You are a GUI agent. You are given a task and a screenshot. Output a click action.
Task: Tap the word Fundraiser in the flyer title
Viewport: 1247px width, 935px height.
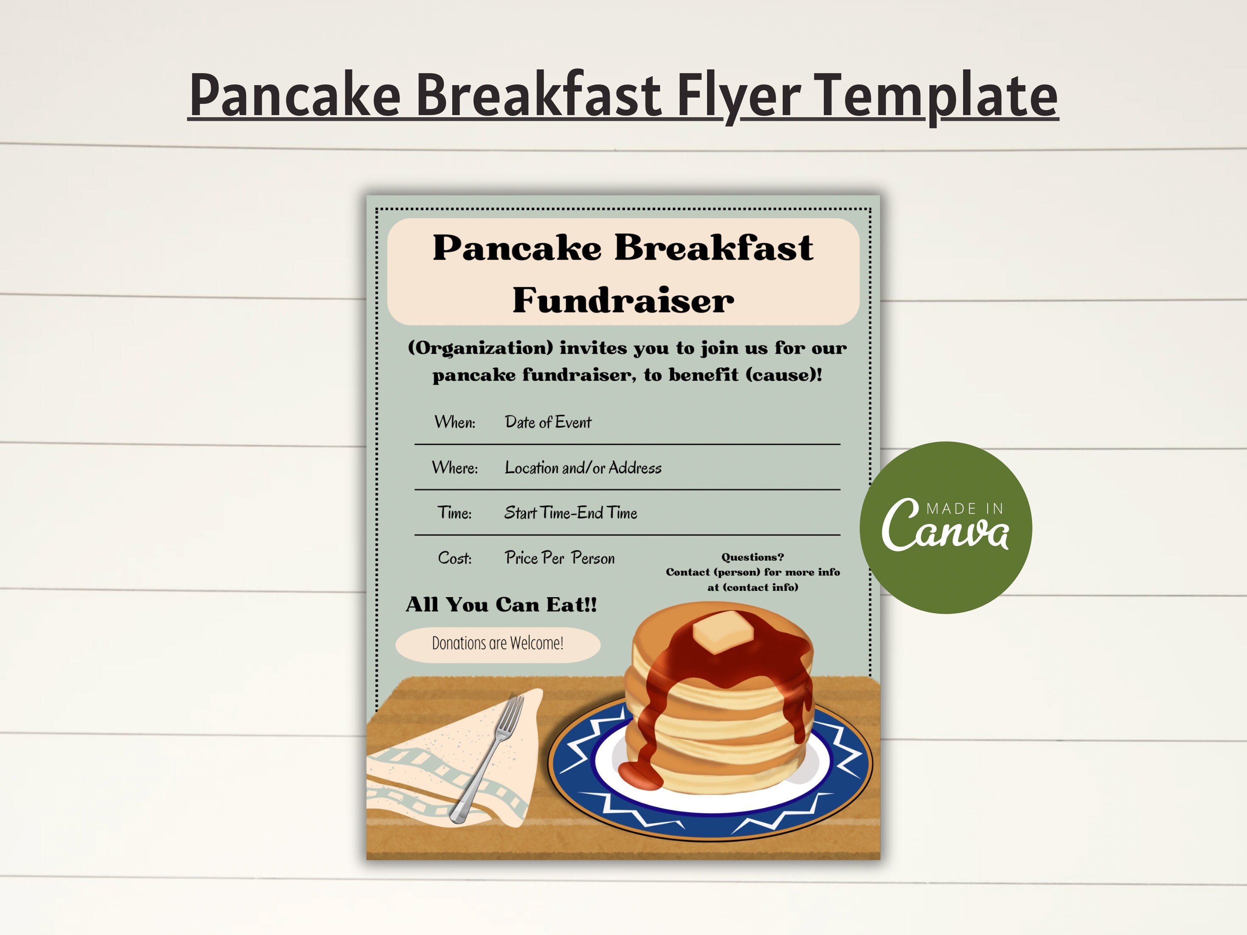pyautogui.click(x=623, y=300)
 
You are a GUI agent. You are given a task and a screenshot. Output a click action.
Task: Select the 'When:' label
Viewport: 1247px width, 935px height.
pyautogui.click(x=454, y=422)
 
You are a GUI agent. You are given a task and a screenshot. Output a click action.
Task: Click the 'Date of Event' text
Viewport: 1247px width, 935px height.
pyautogui.click(x=548, y=422)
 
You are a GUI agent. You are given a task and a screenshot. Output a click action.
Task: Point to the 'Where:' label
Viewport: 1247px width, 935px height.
pyautogui.click(x=454, y=468)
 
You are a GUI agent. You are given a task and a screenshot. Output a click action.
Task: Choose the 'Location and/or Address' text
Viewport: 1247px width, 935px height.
pyautogui.click(x=583, y=468)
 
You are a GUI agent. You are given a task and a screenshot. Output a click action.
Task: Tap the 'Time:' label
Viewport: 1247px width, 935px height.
pyautogui.click(x=454, y=513)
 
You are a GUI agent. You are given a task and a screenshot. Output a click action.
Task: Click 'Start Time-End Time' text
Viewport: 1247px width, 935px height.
pyautogui.click(x=571, y=513)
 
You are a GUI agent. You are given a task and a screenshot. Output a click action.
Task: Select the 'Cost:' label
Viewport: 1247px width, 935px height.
pyautogui.click(x=454, y=558)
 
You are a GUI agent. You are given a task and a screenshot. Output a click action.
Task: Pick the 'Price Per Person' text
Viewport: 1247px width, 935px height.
pyautogui.click(x=559, y=558)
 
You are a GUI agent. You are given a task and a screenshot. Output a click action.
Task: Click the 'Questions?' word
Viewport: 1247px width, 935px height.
pyautogui.click(x=753, y=557)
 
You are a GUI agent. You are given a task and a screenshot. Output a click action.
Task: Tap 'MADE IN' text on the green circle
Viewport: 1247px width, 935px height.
pyautogui.click(x=965, y=509)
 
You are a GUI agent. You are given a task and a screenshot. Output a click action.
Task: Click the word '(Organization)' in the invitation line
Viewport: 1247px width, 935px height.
pyautogui.click(x=481, y=348)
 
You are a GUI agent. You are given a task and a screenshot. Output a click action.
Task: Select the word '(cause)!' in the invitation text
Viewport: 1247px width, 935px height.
pyautogui.click(x=784, y=375)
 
